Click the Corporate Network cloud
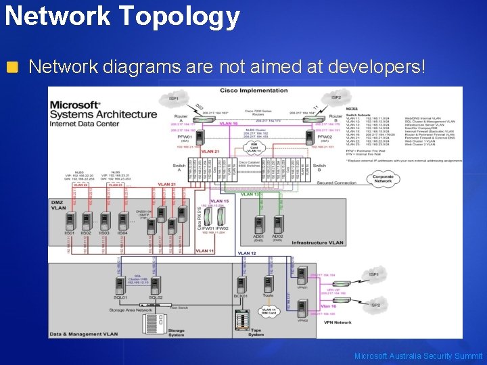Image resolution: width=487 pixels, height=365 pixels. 383,178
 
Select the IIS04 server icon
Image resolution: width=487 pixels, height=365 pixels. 124,221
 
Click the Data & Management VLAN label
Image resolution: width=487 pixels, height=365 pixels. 83,334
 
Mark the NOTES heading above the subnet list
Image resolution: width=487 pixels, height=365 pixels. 351,108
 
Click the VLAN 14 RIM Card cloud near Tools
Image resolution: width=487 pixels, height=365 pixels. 267,312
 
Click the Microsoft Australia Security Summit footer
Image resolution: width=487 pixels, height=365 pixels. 418,356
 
